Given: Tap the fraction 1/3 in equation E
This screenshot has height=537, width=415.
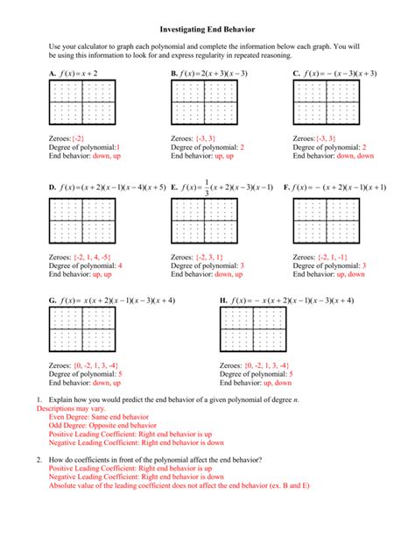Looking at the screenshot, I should pos(207,187).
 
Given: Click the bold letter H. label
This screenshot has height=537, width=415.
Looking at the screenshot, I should pos(223,300).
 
